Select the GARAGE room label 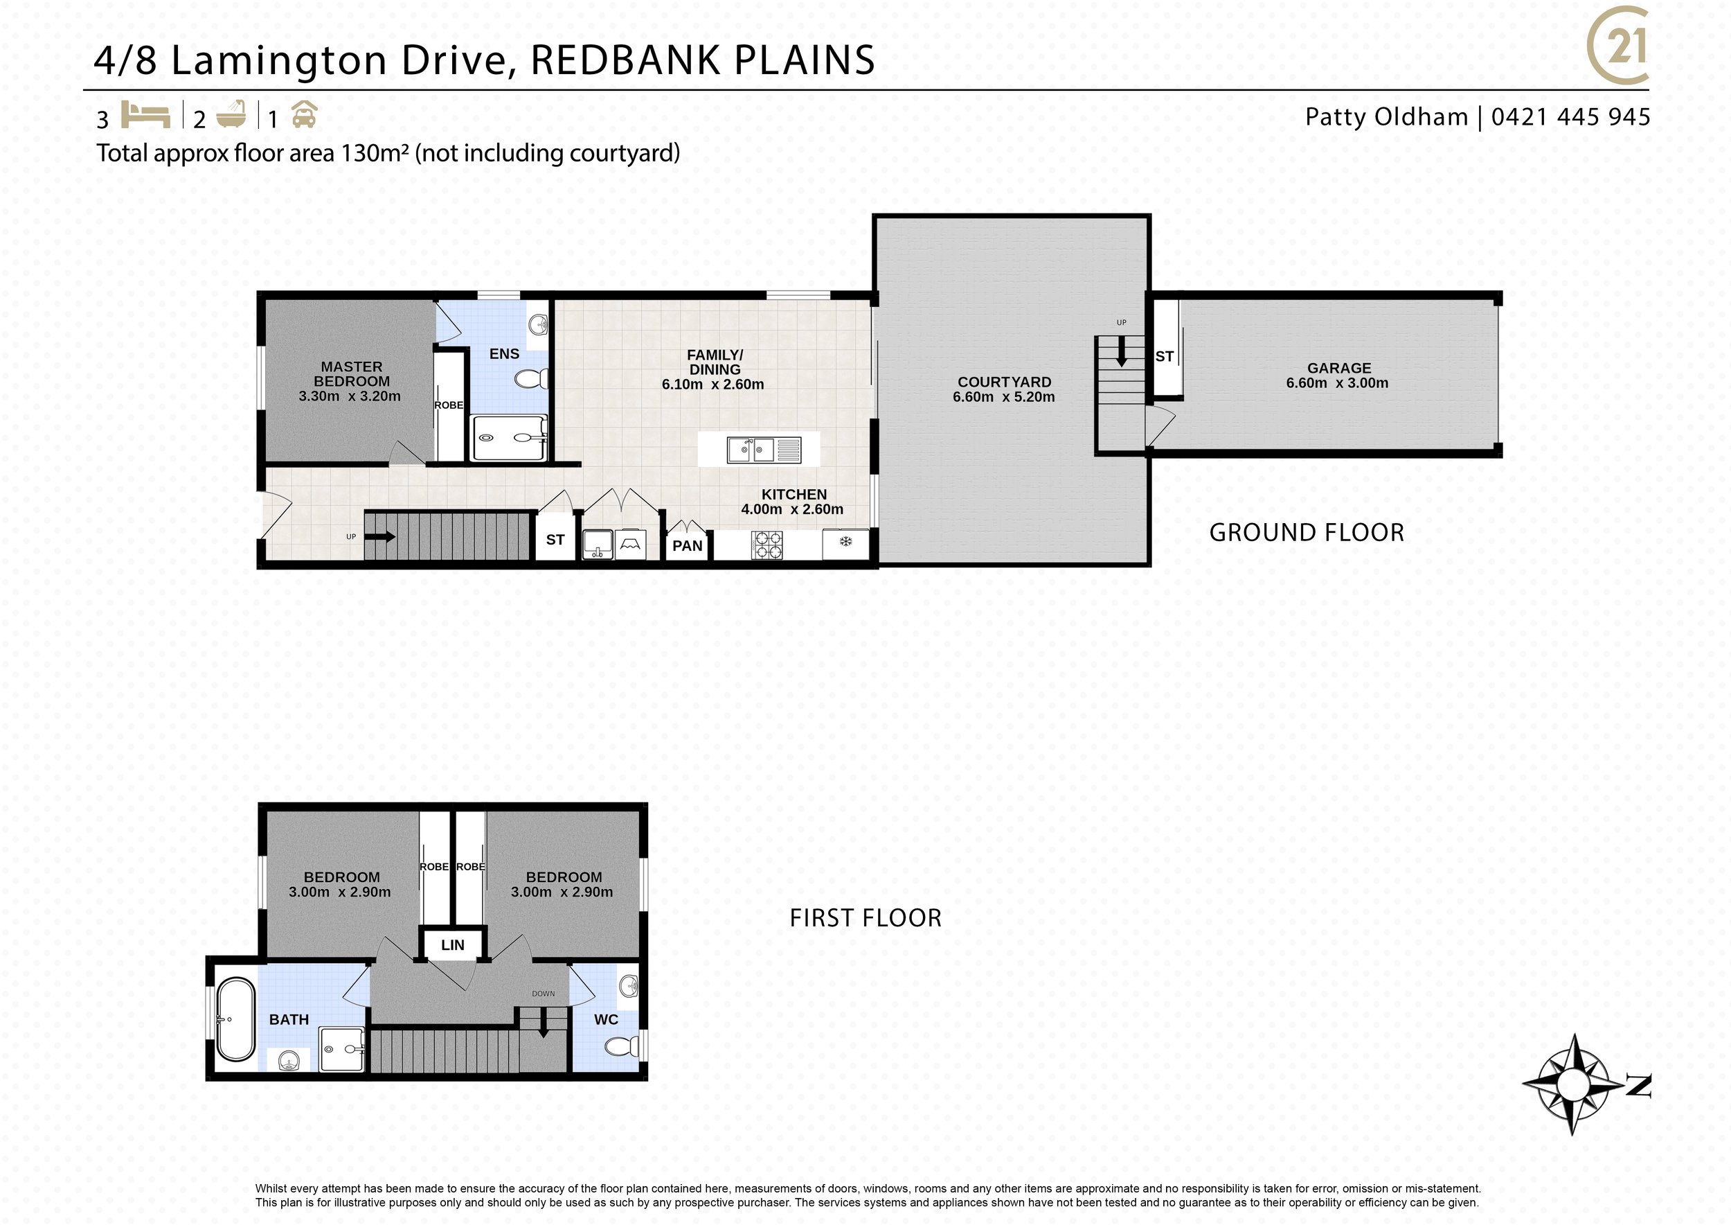click(1339, 368)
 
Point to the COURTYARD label click(1004, 382)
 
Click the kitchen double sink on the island click(764, 450)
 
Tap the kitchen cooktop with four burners click(766, 545)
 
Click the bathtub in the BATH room click(236, 1020)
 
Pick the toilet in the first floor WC click(622, 1046)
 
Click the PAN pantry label click(687, 546)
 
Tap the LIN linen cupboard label click(452, 945)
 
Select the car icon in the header click(304, 114)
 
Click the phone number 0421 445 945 click(1571, 117)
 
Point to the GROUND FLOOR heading click(1307, 533)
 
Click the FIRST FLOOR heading click(865, 918)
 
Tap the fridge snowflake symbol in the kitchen click(845, 541)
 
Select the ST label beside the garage click(1165, 357)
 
